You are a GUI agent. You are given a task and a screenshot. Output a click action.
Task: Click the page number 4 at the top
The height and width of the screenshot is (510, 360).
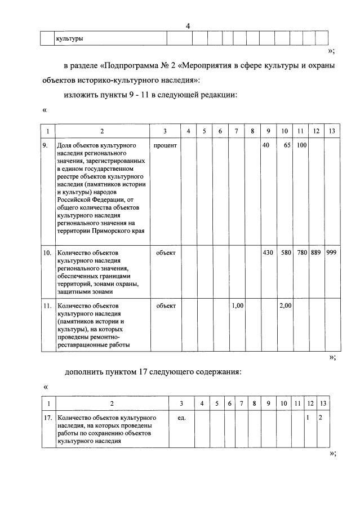(x=188, y=26)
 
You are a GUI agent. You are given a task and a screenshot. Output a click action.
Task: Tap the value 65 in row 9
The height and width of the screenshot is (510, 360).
(x=286, y=145)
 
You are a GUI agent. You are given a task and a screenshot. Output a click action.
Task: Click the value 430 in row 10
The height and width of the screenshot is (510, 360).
(x=268, y=253)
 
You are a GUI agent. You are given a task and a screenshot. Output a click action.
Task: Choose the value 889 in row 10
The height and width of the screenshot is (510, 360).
(x=315, y=253)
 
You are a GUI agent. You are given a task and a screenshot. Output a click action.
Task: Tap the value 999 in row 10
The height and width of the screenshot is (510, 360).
(x=331, y=253)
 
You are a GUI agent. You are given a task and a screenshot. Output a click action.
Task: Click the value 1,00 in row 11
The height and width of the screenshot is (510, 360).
(x=237, y=305)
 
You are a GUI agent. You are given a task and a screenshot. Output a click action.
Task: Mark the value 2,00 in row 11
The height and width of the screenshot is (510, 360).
(x=284, y=305)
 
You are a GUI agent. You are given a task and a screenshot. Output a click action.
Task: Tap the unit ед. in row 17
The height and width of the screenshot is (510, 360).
(x=181, y=418)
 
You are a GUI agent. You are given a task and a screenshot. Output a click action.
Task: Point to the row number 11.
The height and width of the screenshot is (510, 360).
(x=48, y=305)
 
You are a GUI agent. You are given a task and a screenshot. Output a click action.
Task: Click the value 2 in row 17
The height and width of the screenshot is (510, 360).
(x=321, y=418)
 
